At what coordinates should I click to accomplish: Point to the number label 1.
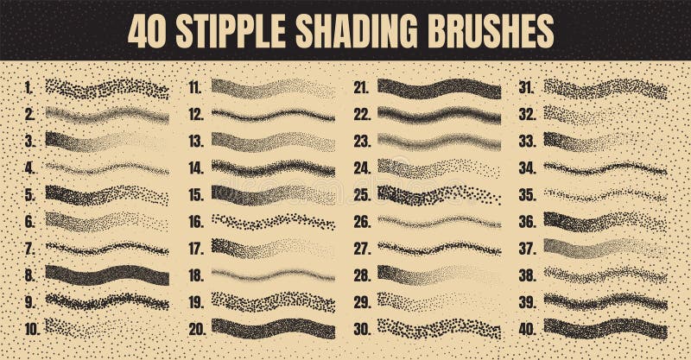tap(29, 86)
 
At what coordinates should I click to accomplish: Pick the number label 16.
tap(195, 222)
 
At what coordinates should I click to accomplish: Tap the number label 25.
tap(361, 194)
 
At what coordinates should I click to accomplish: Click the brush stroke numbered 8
tap(107, 275)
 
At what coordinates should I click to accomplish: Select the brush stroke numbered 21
tap(439, 87)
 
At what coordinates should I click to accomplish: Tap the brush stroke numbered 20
tap(273, 329)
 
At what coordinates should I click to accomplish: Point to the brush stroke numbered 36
tap(605, 221)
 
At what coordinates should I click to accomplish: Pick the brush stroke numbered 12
tap(273, 114)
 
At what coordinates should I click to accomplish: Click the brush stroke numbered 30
tap(439, 329)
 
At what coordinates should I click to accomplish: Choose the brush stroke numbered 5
tap(107, 194)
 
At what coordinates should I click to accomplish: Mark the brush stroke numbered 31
tap(605, 87)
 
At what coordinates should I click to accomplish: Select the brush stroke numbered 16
tap(273, 222)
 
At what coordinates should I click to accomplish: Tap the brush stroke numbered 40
tap(605, 329)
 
